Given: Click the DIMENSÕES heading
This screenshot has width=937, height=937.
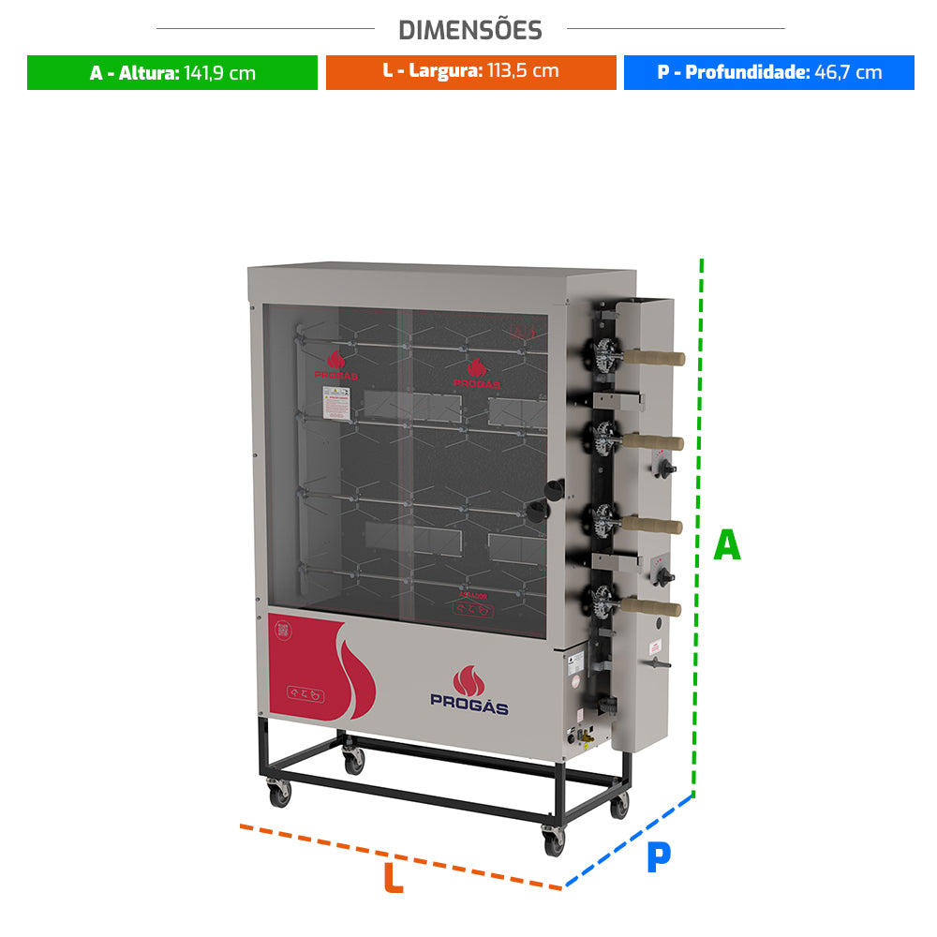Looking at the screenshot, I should [x=470, y=30].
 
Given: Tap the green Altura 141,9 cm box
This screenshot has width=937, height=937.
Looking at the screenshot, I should [x=172, y=73].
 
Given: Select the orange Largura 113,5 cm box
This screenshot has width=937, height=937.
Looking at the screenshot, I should [x=470, y=72].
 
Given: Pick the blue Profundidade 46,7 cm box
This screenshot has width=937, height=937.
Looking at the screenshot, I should [x=768, y=72].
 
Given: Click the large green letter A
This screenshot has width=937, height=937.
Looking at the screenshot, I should [x=727, y=545].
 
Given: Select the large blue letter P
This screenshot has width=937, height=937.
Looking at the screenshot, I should [x=659, y=857].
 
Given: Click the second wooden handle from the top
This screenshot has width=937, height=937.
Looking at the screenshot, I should [x=656, y=441].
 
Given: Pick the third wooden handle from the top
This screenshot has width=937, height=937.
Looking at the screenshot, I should [x=655, y=525].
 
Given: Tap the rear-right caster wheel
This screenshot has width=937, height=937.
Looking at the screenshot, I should [x=619, y=807].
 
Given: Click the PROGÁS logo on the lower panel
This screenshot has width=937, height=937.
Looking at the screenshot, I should [x=468, y=692].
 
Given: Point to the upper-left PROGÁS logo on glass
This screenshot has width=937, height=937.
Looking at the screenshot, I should [x=336, y=364].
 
